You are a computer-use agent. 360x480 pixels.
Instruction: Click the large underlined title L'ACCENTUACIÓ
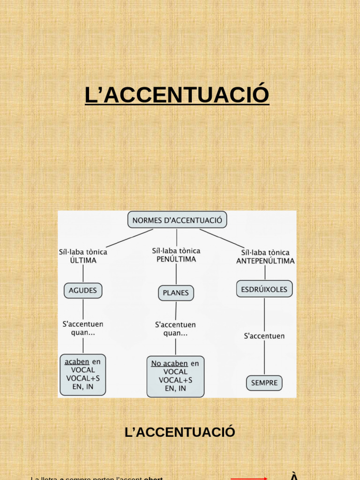177,94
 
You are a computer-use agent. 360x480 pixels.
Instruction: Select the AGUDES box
82,291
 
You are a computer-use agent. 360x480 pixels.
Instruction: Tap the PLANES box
176,293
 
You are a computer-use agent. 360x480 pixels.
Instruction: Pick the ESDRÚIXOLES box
264,289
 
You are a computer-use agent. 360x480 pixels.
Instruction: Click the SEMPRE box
264,382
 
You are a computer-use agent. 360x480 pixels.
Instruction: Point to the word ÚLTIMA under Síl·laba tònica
83,261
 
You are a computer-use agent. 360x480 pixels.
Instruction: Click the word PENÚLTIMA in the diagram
176,259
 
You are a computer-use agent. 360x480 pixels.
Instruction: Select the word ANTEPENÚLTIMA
265,261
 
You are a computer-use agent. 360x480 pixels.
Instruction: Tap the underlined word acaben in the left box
76,361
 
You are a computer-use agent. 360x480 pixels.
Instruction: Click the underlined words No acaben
169,363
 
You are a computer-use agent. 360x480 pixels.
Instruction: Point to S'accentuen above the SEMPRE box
264,336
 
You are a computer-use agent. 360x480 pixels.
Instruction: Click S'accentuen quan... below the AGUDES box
83,328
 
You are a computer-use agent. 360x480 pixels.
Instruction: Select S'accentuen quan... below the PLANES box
175,329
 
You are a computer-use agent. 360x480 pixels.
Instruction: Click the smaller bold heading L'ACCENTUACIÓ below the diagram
180,432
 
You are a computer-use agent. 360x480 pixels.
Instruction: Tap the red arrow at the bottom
249,479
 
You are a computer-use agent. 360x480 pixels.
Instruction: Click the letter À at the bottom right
294,477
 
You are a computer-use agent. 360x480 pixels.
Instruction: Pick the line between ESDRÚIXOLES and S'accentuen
264,314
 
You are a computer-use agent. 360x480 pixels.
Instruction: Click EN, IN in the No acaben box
175,389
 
